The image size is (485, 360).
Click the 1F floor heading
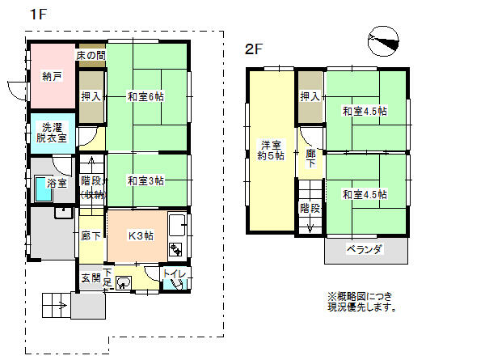[37, 15]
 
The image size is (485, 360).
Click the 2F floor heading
[254, 49]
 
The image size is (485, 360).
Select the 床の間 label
[91, 55]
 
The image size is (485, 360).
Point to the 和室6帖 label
[145, 96]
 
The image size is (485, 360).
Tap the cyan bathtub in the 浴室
[40, 190]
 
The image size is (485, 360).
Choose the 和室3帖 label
[145, 180]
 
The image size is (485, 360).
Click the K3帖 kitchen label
[141, 235]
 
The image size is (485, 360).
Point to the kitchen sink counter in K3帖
[179, 235]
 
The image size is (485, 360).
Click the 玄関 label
[90, 277]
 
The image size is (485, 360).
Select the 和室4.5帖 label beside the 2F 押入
[364, 111]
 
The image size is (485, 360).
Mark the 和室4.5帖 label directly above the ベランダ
[364, 194]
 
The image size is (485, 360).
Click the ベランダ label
[365, 249]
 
